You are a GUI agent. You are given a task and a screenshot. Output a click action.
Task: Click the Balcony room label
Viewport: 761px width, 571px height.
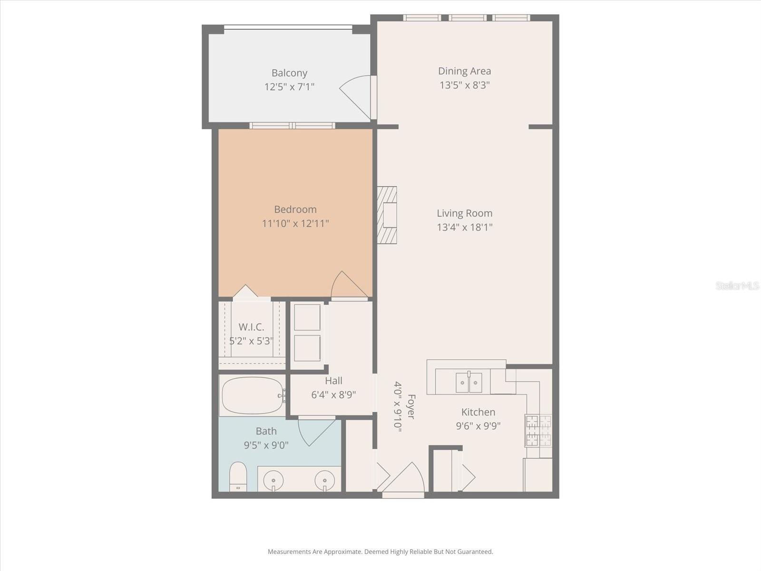point(289,73)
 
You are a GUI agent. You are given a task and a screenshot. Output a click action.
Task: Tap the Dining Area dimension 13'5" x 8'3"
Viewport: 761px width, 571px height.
point(464,85)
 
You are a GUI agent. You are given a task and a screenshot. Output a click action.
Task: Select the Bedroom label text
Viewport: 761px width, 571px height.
point(295,209)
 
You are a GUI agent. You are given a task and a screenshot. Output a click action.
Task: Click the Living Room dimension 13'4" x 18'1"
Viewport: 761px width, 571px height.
point(464,227)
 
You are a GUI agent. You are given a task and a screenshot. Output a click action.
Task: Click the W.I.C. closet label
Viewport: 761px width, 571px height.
point(251,327)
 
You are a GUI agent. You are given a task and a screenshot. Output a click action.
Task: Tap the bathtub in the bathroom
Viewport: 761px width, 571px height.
point(252,395)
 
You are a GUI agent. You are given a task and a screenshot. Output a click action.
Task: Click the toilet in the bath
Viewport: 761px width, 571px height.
point(238,476)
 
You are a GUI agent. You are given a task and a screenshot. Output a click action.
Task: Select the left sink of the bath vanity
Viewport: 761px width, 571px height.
point(273,481)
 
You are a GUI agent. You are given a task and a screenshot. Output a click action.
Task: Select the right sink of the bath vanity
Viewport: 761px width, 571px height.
point(325,481)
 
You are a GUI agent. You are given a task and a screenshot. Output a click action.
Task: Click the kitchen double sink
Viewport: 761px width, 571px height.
point(469,383)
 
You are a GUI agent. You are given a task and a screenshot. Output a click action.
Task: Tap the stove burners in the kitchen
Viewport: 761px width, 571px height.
point(538,431)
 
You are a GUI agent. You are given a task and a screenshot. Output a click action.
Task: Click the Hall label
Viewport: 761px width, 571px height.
point(333,381)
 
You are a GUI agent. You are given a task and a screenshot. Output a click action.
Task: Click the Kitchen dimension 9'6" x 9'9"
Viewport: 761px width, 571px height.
point(478,426)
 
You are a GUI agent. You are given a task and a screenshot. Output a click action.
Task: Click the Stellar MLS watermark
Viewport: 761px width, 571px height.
point(737,285)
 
